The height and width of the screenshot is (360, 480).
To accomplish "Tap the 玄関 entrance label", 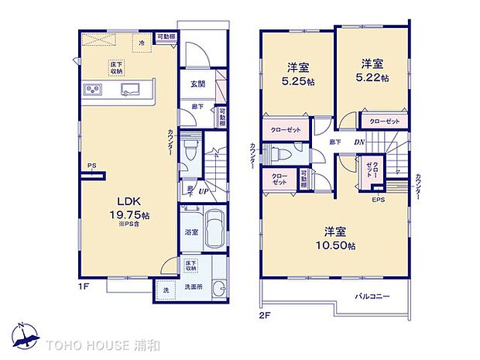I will pyautogui.click(x=197, y=85).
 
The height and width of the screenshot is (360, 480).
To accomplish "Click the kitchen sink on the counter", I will pyautogui.click(x=129, y=90).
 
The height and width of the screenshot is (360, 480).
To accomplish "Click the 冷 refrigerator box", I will pyautogui.click(x=142, y=44).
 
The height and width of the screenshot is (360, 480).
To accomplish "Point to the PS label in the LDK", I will pyautogui.click(x=91, y=165).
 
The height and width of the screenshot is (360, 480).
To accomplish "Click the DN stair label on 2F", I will pyautogui.click(x=358, y=142).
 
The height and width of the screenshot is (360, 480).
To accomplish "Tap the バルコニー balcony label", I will pyautogui.click(x=372, y=297).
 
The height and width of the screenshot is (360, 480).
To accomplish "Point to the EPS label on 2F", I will pyautogui.click(x=378, y=201).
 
